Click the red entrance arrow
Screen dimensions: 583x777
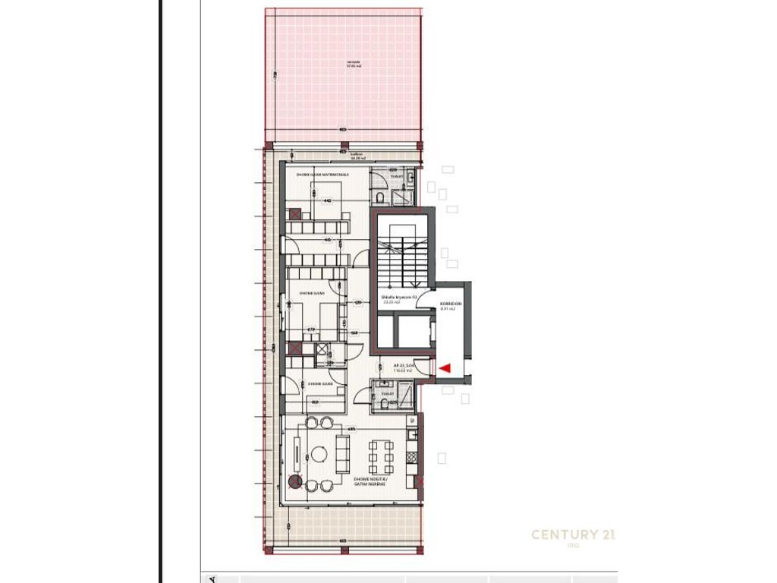pos(445,368)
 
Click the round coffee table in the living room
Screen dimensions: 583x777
pos(319,455)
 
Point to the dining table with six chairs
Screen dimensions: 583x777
pos(381,455)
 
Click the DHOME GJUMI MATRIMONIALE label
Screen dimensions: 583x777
pos(322,174)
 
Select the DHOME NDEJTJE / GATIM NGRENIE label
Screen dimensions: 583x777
pos(370,482)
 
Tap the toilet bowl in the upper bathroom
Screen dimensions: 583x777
pos(379,197)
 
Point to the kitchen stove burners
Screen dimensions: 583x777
pos(411,458)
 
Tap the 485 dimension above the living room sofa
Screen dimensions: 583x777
pos(351,430)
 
